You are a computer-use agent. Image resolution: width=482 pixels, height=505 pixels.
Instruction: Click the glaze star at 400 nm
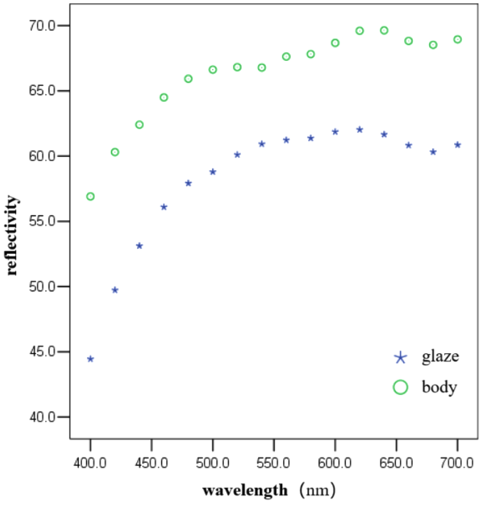point(90,359)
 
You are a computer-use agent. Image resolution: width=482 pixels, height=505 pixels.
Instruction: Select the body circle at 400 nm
point(90,196)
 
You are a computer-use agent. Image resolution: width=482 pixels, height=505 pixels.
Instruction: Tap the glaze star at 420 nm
point(115,290)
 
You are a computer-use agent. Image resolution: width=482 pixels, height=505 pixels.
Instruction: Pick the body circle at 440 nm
point(139,125)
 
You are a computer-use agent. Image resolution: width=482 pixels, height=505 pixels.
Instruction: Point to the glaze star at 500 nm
point(213,172)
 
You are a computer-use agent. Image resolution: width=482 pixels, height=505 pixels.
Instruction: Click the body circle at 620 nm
point(360,31)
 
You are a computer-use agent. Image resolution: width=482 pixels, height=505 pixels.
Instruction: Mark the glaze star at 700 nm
point(458,145)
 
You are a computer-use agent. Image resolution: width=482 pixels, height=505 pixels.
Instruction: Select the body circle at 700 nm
point(458,40)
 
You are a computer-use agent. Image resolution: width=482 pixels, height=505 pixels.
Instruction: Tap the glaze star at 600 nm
point(335,132)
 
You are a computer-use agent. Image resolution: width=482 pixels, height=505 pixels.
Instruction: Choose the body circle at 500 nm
point(213,70)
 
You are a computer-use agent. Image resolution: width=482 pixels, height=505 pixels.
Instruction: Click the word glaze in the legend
point(440,357)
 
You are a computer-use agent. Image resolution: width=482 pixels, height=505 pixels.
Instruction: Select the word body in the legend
point(439,387)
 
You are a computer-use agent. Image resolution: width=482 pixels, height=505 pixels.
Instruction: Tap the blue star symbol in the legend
point(400,358)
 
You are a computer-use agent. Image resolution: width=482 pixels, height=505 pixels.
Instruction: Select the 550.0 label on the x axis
point(273,463)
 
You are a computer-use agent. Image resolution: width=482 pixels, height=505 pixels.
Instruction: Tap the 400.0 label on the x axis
point(90,463)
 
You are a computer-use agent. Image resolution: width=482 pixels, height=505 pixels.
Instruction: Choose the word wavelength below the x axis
point(245,490)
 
